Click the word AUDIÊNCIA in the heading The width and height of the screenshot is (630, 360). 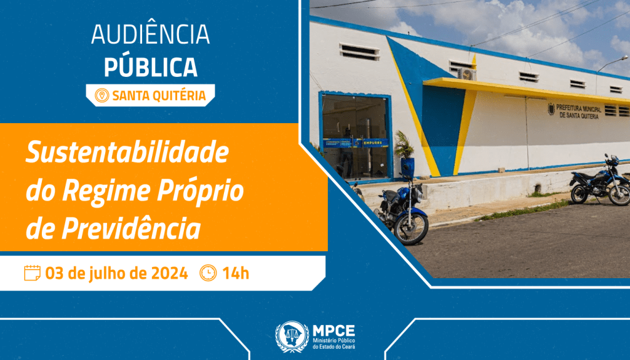(150, 35)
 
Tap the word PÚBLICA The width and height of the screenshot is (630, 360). (150, 66)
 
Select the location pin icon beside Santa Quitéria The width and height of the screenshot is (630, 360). (102, 95)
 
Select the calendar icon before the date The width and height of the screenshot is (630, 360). (32, 273)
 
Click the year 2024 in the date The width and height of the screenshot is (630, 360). (167, 273)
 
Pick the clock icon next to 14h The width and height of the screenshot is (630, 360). (208, 273)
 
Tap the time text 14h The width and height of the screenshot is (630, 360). (236, 273)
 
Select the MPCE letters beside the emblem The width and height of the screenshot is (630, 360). (333, 330)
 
